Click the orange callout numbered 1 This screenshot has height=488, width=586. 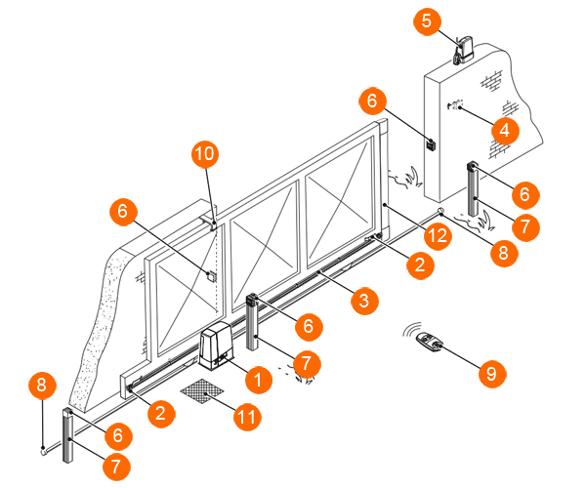point(259,380)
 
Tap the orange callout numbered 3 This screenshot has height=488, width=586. point(364,301)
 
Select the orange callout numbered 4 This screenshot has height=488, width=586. point(505,131)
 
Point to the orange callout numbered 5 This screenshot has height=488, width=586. point(427,21)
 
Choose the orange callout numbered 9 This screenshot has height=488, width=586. point(492,373)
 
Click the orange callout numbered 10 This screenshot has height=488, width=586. point(205,154)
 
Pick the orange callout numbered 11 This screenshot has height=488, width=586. point(247,417)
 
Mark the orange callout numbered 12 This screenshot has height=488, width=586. point(438,235)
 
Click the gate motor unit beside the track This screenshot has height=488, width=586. point(216,346)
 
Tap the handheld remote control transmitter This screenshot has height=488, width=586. point(430,342)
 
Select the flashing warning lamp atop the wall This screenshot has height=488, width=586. point(464,50)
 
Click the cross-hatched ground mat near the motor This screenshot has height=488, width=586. point(202,391)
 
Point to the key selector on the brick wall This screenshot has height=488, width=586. point(455,104)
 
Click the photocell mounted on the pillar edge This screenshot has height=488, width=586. point(432,144)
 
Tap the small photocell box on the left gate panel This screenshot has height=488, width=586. point(212,276)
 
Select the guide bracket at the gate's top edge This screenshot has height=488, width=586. point(208,223)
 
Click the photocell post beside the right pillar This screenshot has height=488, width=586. point(473,188)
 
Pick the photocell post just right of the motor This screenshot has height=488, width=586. point(253,322)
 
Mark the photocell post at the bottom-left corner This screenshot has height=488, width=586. point(67,435)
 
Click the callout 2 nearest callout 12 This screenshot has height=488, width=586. point(421,265)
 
